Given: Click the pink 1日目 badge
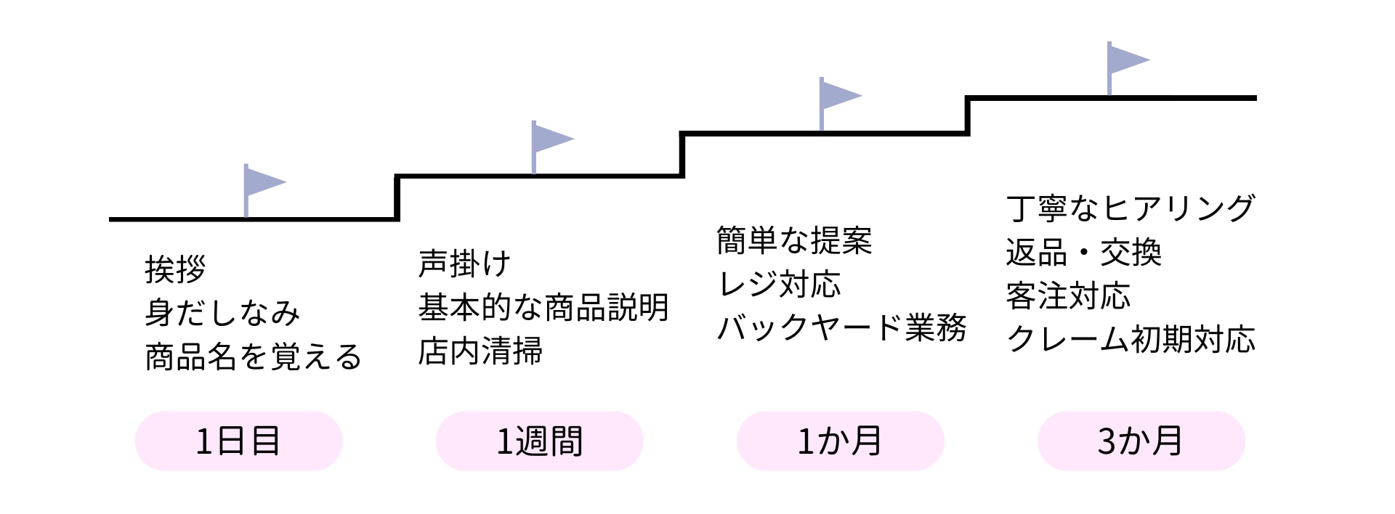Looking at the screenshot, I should (238, 441).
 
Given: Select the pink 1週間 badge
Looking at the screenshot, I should (539, 441).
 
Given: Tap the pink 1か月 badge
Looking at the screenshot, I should (840, 441).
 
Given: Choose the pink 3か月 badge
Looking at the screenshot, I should (1141, 441).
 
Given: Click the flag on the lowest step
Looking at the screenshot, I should (262, 184).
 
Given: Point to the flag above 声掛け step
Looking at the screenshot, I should (549, 142).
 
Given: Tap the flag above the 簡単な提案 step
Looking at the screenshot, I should (837, 99).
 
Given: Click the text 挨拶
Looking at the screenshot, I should (175, 269).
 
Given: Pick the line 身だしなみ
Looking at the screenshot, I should (222, 313).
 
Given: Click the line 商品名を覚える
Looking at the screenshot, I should (253, 356).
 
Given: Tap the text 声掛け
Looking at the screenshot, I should (464, 264).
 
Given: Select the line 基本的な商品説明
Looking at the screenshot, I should (543, 307).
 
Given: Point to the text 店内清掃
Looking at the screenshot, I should (480, 351).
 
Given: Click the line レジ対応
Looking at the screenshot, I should (779, 284).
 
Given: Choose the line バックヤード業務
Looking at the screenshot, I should (841, 327).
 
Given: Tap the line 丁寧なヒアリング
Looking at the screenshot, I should (1131, 208).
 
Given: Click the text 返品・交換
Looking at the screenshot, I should (1083, 253).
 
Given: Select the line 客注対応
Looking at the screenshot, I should (1068, 296).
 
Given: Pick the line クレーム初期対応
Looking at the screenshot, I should (1131, 339).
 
